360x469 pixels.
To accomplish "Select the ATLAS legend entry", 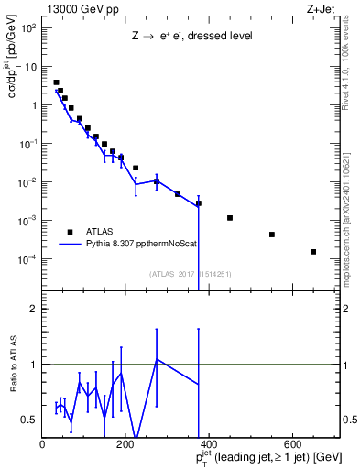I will [101, 232].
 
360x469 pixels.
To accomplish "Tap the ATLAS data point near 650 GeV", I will [313, 251].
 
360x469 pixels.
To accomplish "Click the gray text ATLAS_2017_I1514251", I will [190, 273].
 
